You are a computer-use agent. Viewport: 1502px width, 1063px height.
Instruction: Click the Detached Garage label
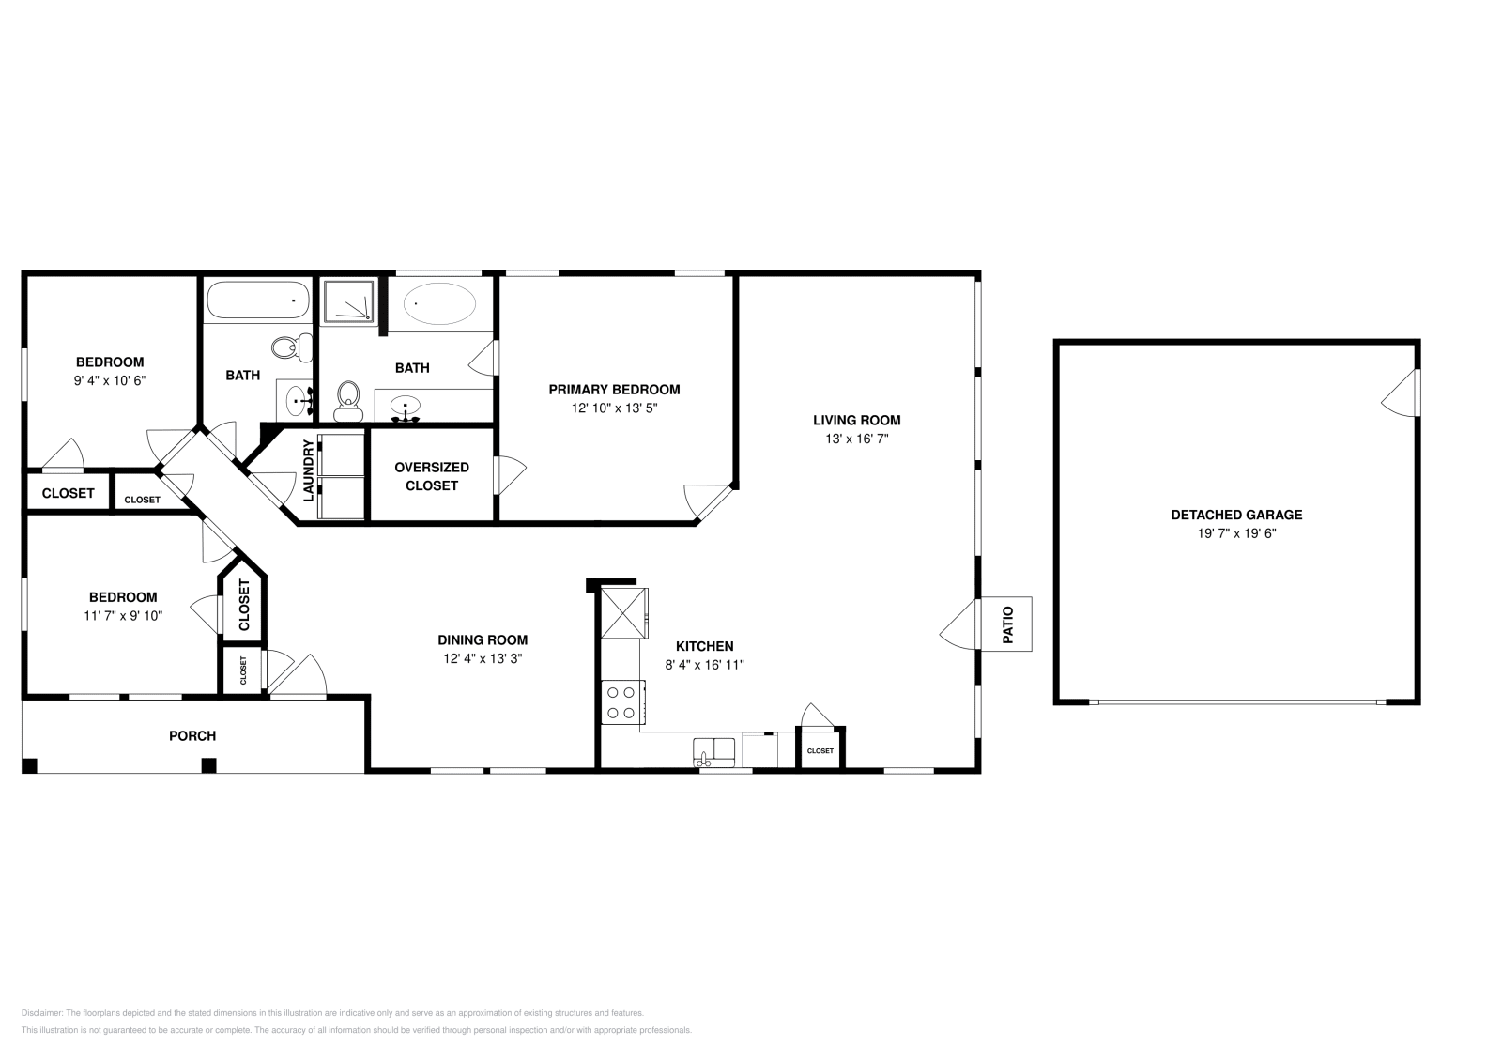pyautogui.click(x=1236, y=515)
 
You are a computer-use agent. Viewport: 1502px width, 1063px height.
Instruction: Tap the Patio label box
pyautogui.click(x=1006, y=624)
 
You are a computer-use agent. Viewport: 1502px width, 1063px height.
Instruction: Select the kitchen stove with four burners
pyautogui.click(x=621, y=702)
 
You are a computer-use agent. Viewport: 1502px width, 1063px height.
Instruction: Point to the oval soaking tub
pyautogui.click(x=439, y=304)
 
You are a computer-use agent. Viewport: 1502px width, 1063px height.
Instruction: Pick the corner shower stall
pyautogui.click(x=348, y=301)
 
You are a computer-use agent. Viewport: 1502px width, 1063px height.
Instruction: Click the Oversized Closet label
pyautogui.click(x=432, y=476)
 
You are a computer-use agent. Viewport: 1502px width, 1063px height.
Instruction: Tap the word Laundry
pyautogui.click(x=307, y=470)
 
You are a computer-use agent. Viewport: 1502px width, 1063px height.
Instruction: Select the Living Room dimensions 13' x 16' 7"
pyautogui.click(x=856, y=439)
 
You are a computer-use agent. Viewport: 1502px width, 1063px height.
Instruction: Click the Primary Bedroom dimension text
pyautogui.click(x=614, y=408)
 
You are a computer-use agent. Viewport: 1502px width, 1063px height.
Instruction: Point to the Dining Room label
pyautogui.click(x=483, y=640)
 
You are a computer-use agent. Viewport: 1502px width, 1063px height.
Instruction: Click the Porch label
pyautogui.click(x=192, y=735)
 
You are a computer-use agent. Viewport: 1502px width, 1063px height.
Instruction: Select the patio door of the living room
pyautogui.click(x=960, y=624)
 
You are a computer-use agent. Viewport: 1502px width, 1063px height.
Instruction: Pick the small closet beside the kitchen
pyautogui.click(x=820, y=750)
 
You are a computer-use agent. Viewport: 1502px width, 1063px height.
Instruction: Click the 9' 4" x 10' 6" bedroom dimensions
pyautogui.click(x=110, y=380)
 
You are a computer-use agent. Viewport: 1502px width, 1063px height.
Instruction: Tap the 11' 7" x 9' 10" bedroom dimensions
pyautogui.click(x=123, y=616)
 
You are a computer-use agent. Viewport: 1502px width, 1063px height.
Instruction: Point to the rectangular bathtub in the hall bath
pyautogui.click(x=257, y=301)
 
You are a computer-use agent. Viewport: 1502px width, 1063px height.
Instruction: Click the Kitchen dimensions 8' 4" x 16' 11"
pyautogui.click(x=704, y=665)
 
